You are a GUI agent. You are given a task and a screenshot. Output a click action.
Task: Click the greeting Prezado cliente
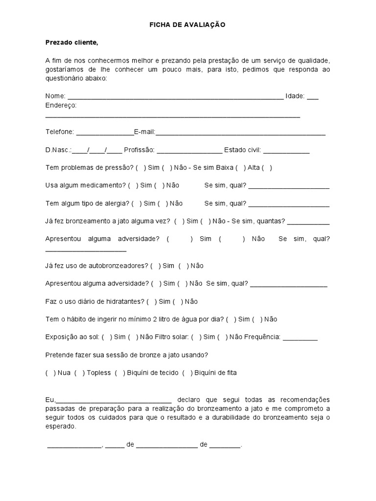click(72, 43)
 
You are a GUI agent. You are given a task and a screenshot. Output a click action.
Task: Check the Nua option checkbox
click(50, 373)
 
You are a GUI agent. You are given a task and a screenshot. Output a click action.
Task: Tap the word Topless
click(99, 373)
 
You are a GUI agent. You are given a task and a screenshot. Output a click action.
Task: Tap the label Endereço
click(61, 105)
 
